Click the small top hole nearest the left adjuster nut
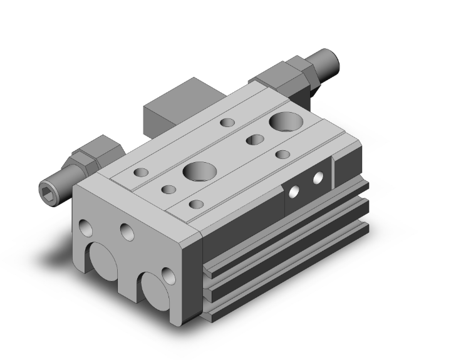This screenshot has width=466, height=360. pos(142,171)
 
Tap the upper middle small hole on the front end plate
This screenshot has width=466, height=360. pos(127,233)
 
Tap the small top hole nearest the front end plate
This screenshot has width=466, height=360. pos(196,203)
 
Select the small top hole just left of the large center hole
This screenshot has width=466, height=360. pos(168,188)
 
